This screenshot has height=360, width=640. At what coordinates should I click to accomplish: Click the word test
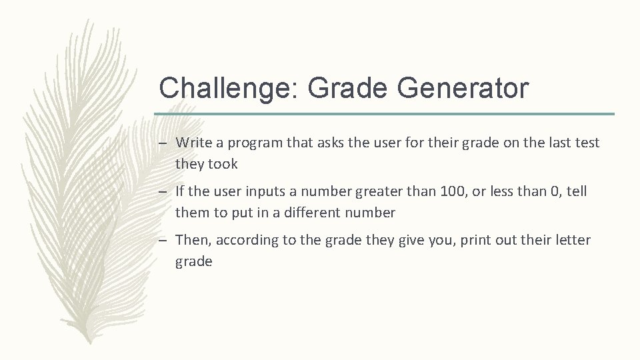point(587,143)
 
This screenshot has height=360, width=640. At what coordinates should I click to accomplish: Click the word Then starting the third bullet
point(193,240)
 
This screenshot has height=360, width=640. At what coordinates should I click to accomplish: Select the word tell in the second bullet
point(577,191)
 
